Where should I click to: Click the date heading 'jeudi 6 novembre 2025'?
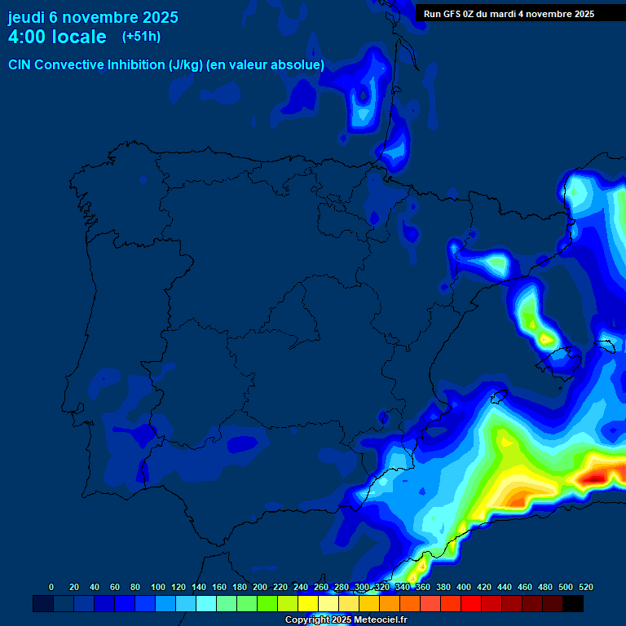pos(93,17)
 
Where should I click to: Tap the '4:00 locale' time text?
pos(57,37)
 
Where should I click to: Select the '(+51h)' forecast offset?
pos(141,36)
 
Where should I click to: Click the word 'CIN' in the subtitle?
pos(20,64)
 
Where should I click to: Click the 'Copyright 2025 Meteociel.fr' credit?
pos(346,620)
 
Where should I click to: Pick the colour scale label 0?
pos(51,587)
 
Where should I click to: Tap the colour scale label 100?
pos(158,587)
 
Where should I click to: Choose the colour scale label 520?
pos(586,587)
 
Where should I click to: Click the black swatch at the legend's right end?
pos(573,603)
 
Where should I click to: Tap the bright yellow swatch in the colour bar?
pos(308,603)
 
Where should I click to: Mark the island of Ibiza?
pos(500,397)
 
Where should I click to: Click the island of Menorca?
pos(604,346)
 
